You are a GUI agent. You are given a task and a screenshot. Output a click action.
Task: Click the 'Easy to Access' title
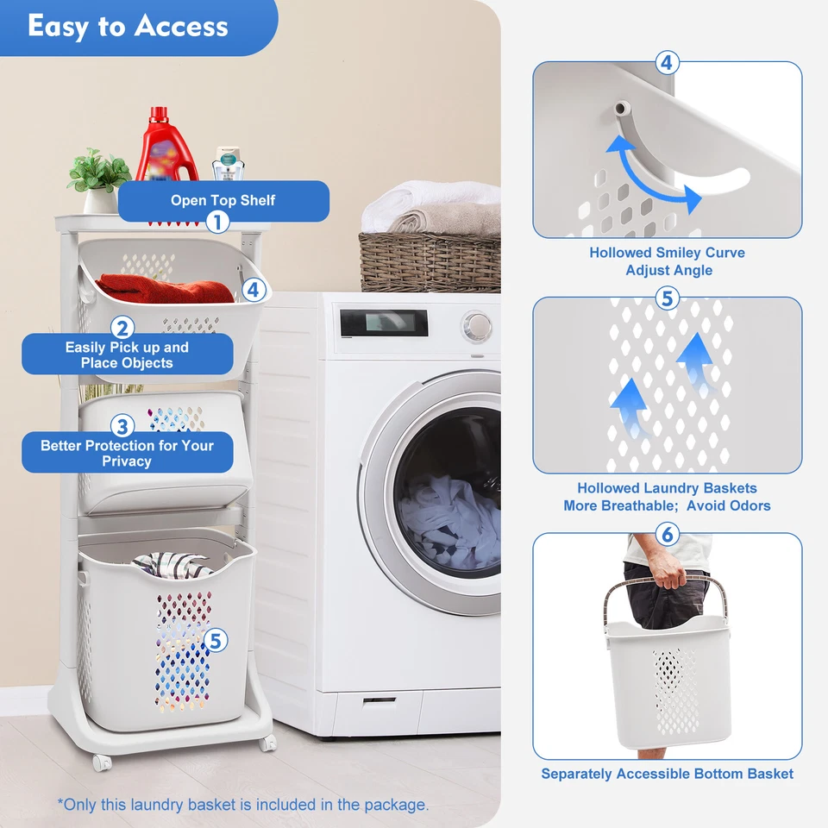(x=128, y=26)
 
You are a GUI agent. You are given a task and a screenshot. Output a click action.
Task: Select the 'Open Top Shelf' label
(x=223, y=200)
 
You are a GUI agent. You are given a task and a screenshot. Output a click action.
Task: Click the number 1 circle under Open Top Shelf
(x=218, y=223)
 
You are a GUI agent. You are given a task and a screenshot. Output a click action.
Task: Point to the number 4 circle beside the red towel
(x=253, y=290)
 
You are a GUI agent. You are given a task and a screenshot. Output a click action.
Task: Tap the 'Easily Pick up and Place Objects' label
(x=127, y=354)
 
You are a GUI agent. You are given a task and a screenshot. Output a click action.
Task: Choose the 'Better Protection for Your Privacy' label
(x=127, y=453)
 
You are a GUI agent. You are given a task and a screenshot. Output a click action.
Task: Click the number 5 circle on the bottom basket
(x=216, y=640)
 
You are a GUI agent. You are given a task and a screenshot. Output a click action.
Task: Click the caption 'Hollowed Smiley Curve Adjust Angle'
(x=668, y=261)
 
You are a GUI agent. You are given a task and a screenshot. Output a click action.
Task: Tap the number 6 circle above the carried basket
(x=667, y=534)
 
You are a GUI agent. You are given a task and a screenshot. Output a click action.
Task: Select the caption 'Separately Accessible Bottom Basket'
(x=668, y=774)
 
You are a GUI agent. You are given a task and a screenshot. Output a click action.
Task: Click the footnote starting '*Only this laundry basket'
(x=243, y=805)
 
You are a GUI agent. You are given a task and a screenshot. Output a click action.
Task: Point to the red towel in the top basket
(x=164, y=288)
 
